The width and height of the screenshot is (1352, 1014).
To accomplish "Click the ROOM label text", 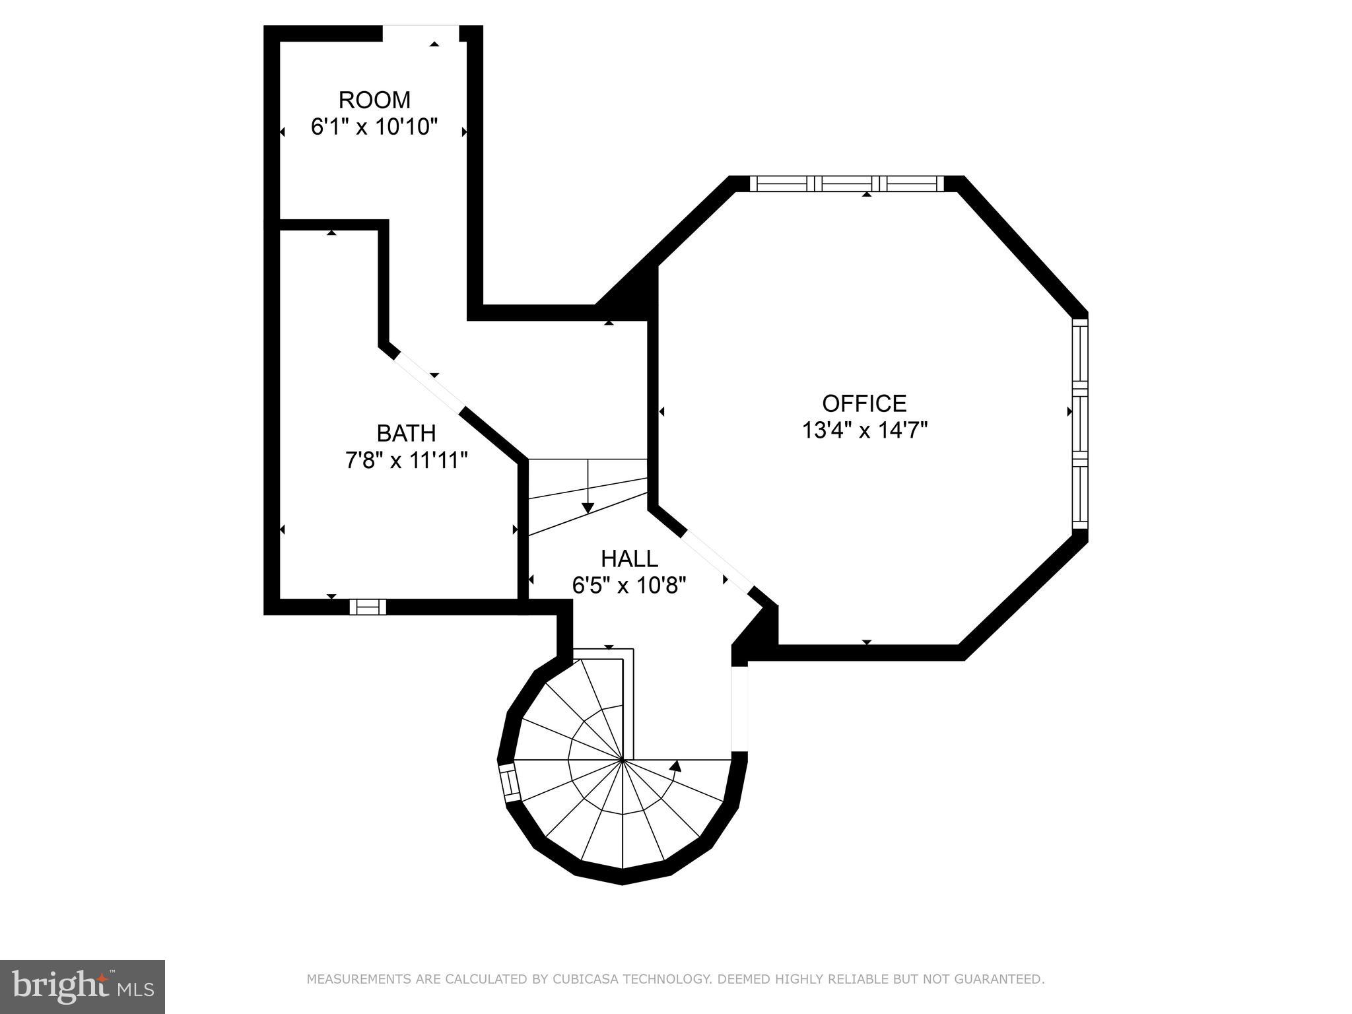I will (x=374, y=100).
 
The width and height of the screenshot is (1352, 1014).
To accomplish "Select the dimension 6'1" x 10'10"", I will (x=374, y=127).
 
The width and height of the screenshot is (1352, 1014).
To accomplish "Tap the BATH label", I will (x=406, y=434).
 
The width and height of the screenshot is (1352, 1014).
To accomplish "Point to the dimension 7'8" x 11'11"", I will (x=407, y=460).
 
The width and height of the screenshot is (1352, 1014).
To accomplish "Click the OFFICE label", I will (x=864, y=403).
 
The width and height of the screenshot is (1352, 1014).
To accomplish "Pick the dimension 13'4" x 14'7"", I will (x=865, y=430).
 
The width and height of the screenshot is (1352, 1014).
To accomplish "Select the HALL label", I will (x=629, y=559).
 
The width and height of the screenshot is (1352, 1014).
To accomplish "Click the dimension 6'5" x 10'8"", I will (x=629, y=585).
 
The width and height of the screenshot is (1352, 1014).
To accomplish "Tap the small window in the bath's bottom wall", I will (x=368, y=607).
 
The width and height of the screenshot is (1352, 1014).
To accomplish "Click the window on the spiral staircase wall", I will (x=509, y=784).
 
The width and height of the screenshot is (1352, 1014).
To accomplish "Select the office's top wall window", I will (x=847, y=184).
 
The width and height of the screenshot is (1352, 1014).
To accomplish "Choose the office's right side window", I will (x=1079, y=424).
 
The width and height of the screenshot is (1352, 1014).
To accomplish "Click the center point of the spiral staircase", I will (x=623, y=760).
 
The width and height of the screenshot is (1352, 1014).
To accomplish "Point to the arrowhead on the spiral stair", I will (x=675, y=766).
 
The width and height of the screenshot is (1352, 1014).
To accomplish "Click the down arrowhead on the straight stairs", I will (x=588, y=508).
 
